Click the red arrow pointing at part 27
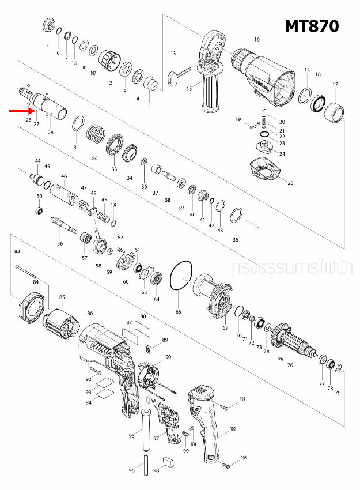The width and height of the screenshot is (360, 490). coord(21,110)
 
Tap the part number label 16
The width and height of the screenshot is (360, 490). coord(257,40)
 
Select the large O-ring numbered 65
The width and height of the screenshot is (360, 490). coord(181,276)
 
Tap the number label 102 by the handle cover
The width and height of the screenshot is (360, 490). coord(233,429)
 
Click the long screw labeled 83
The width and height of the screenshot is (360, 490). coord(26,269)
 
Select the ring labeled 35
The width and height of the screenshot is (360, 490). coord(236,217)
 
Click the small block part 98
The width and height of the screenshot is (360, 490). coord(169,461)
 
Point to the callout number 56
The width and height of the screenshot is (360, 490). coord(60,244)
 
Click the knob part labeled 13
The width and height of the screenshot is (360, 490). coord(172,77)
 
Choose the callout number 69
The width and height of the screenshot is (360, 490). coord(225,327)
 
